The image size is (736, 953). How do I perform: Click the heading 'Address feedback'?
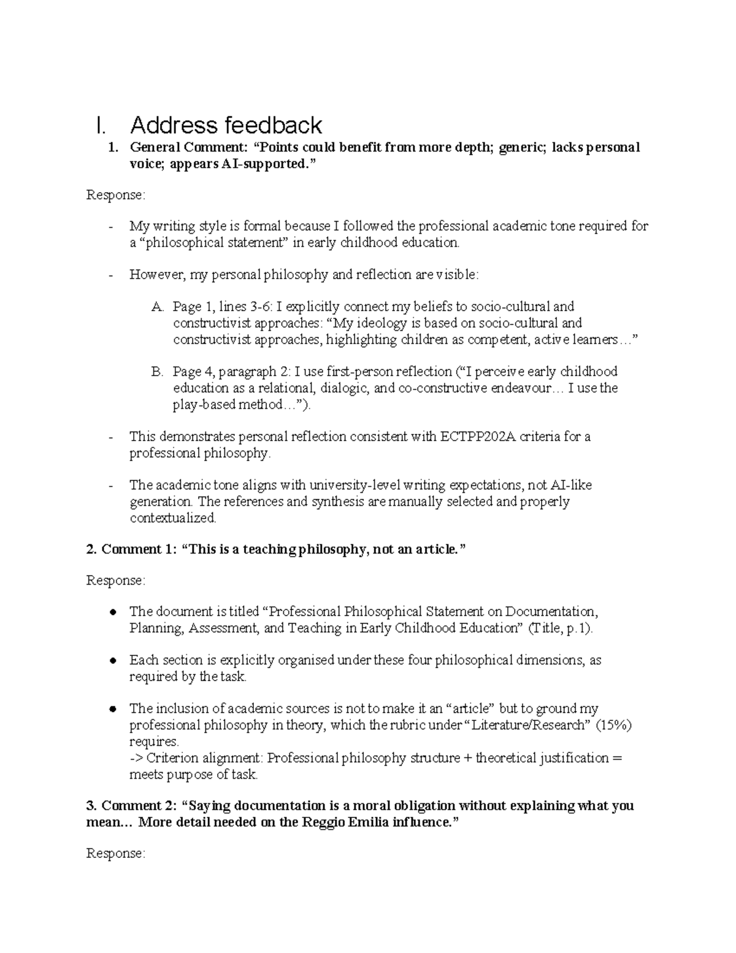click(x=226, y=125)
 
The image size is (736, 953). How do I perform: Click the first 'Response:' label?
click(x=116, y=195)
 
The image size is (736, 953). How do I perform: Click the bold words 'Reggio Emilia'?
click(x=346, y=822)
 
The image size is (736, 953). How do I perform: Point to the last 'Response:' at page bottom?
click(x=116, y=854)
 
